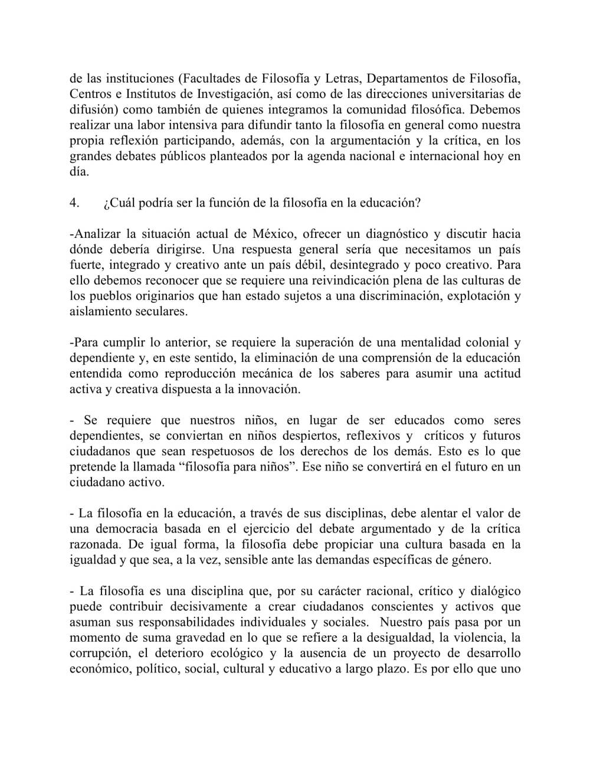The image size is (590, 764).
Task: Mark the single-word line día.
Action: point(79,172)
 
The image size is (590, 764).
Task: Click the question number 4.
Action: point(74,203)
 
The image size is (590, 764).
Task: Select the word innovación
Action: point(268,390)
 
